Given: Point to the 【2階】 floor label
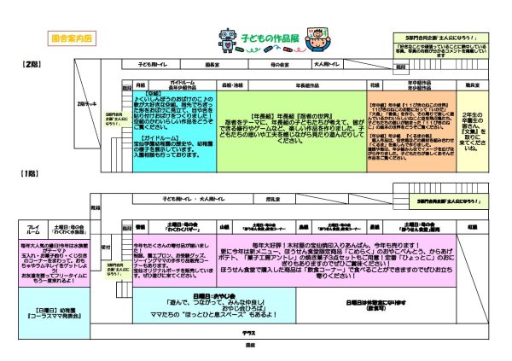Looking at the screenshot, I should pos(31,65).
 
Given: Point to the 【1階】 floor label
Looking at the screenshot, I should pos(31,173).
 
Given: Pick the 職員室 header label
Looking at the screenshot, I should pos(470,86).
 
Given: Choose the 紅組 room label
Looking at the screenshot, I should pos(474,228).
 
